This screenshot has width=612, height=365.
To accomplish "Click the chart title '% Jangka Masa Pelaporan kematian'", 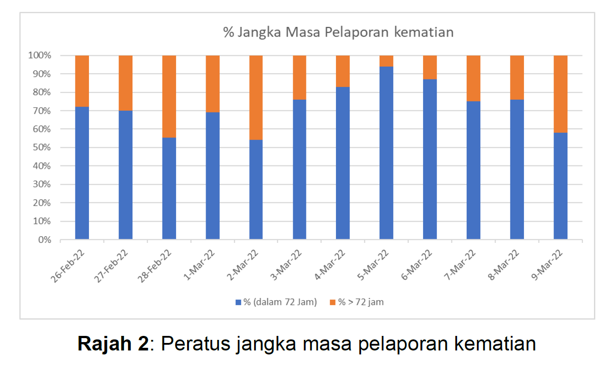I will tap(338, 33).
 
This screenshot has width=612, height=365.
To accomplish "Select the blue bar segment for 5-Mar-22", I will tap(386, 153).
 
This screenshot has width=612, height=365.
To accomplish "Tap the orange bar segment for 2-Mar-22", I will tap(256, 97).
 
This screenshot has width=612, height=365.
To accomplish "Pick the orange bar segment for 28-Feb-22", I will tap(169, 97).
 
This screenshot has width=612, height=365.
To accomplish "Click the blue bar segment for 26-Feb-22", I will tap(82, 173).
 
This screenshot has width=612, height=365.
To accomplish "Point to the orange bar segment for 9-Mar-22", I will tap(560, 94).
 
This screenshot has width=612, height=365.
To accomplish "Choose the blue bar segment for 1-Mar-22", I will tap(213, 175).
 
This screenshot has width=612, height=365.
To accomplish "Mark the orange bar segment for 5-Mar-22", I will tap(386, 61).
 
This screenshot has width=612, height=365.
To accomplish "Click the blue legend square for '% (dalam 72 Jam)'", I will tap(238, 302).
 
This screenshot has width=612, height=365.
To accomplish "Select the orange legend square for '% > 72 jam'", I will tap(332, 302).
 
